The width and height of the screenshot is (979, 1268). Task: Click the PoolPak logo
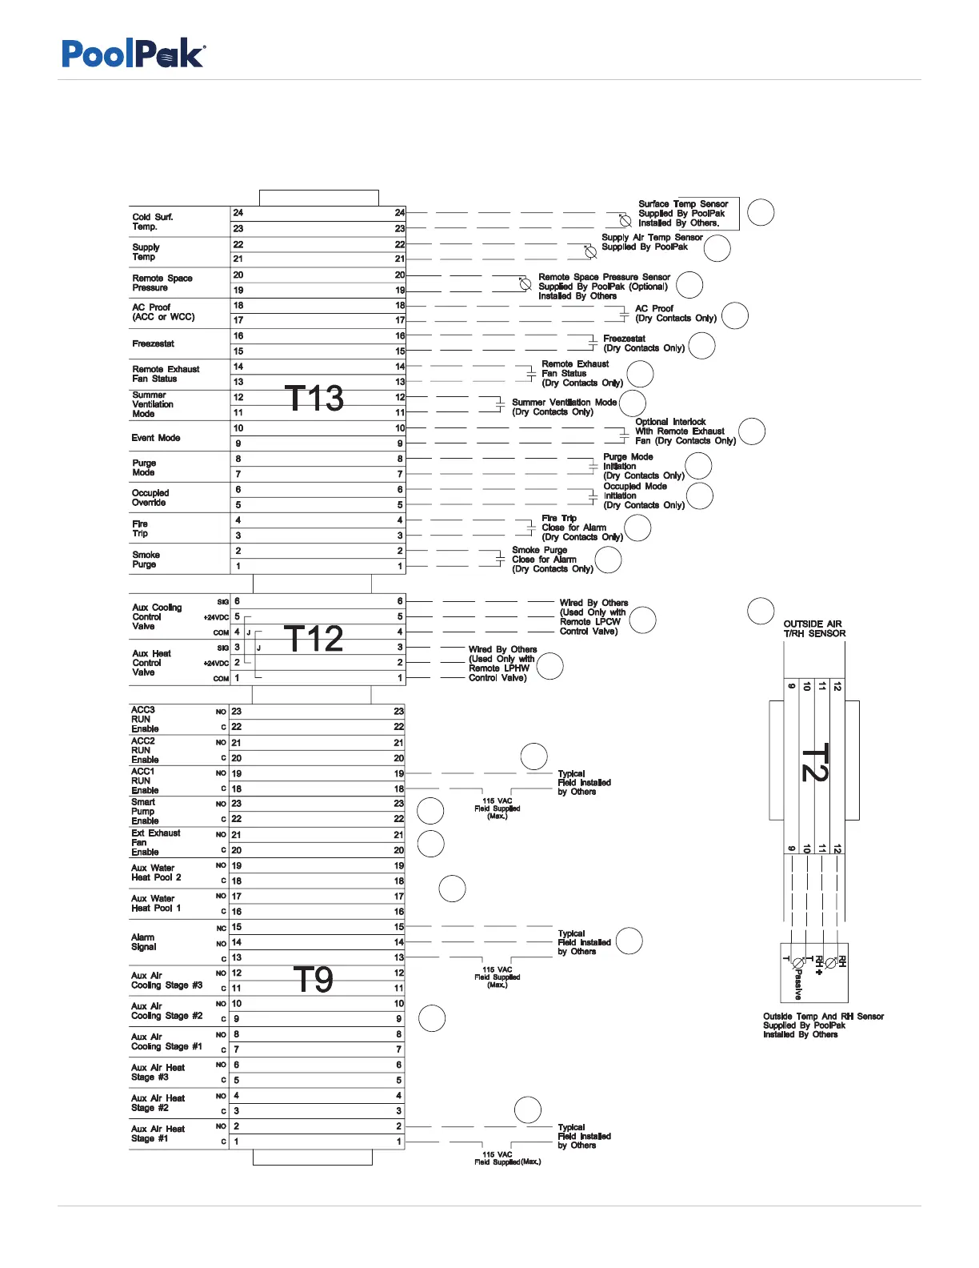coord(134,54)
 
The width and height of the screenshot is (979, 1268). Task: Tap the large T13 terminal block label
coord(314,398)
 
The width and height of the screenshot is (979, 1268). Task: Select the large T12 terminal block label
coord(314,638)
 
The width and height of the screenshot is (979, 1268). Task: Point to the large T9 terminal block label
coord(313,979)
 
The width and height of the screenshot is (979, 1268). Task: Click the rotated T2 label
coord(814,762)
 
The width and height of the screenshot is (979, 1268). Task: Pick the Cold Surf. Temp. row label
coord(152,222)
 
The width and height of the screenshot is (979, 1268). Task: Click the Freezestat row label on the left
coord(153,343)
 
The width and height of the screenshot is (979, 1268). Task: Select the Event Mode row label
coord(156,438)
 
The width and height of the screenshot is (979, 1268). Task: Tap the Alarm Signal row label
coord(143,942)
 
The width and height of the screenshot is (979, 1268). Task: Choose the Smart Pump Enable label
coord(145,811)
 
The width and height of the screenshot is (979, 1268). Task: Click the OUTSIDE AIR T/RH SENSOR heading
coord(814,628)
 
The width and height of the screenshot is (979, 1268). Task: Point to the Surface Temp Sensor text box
coord(683,214)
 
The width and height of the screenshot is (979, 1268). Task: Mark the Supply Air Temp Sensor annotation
coord(652,242)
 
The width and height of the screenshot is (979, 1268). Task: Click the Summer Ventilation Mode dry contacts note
coord(564,407)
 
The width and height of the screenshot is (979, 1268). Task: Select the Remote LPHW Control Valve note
coord(502,664)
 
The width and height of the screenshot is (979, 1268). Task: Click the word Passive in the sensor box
coord(798,984)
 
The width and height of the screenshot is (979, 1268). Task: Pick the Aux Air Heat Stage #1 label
coord(158,1134)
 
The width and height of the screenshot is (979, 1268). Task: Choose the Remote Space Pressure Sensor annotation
coord(603,287)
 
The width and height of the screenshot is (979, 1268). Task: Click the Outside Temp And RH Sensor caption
coord(823,1025)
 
